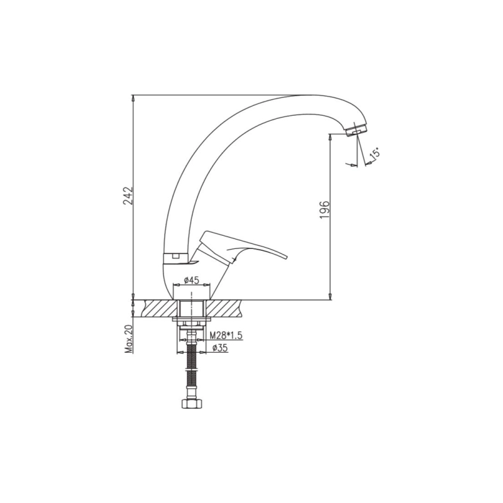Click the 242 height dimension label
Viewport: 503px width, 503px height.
pos(128,196)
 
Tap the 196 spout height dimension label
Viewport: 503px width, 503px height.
pos(324,210)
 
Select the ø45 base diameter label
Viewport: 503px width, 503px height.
pos(192,280)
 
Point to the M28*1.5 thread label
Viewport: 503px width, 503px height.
pos(226,336)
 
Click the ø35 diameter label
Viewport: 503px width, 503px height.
pos(221,348)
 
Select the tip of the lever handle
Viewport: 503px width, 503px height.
pos(287,257)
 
